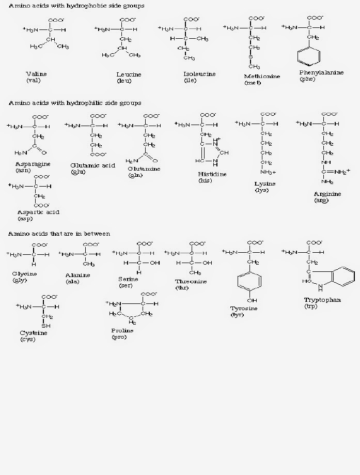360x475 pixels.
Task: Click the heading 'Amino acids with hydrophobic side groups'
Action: point(76,6)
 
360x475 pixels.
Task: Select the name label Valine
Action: point(36,74)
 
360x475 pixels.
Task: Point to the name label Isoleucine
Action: point(198,74)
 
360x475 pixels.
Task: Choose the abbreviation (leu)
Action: point(123,81)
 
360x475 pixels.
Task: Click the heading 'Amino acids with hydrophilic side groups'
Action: point(75,103)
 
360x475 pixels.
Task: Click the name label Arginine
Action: point(327,194)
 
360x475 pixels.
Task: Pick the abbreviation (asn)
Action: point(23,170)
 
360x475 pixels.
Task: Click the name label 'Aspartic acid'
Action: point(38,212)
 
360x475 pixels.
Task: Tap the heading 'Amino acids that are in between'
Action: point(59,234)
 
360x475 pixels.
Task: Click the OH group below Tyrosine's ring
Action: point(252,300)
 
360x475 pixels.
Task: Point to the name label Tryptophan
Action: point(322,300)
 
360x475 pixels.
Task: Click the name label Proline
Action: point(122,330)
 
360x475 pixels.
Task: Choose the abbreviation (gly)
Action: point(20,280)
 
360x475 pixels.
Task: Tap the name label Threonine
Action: point(191,281)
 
